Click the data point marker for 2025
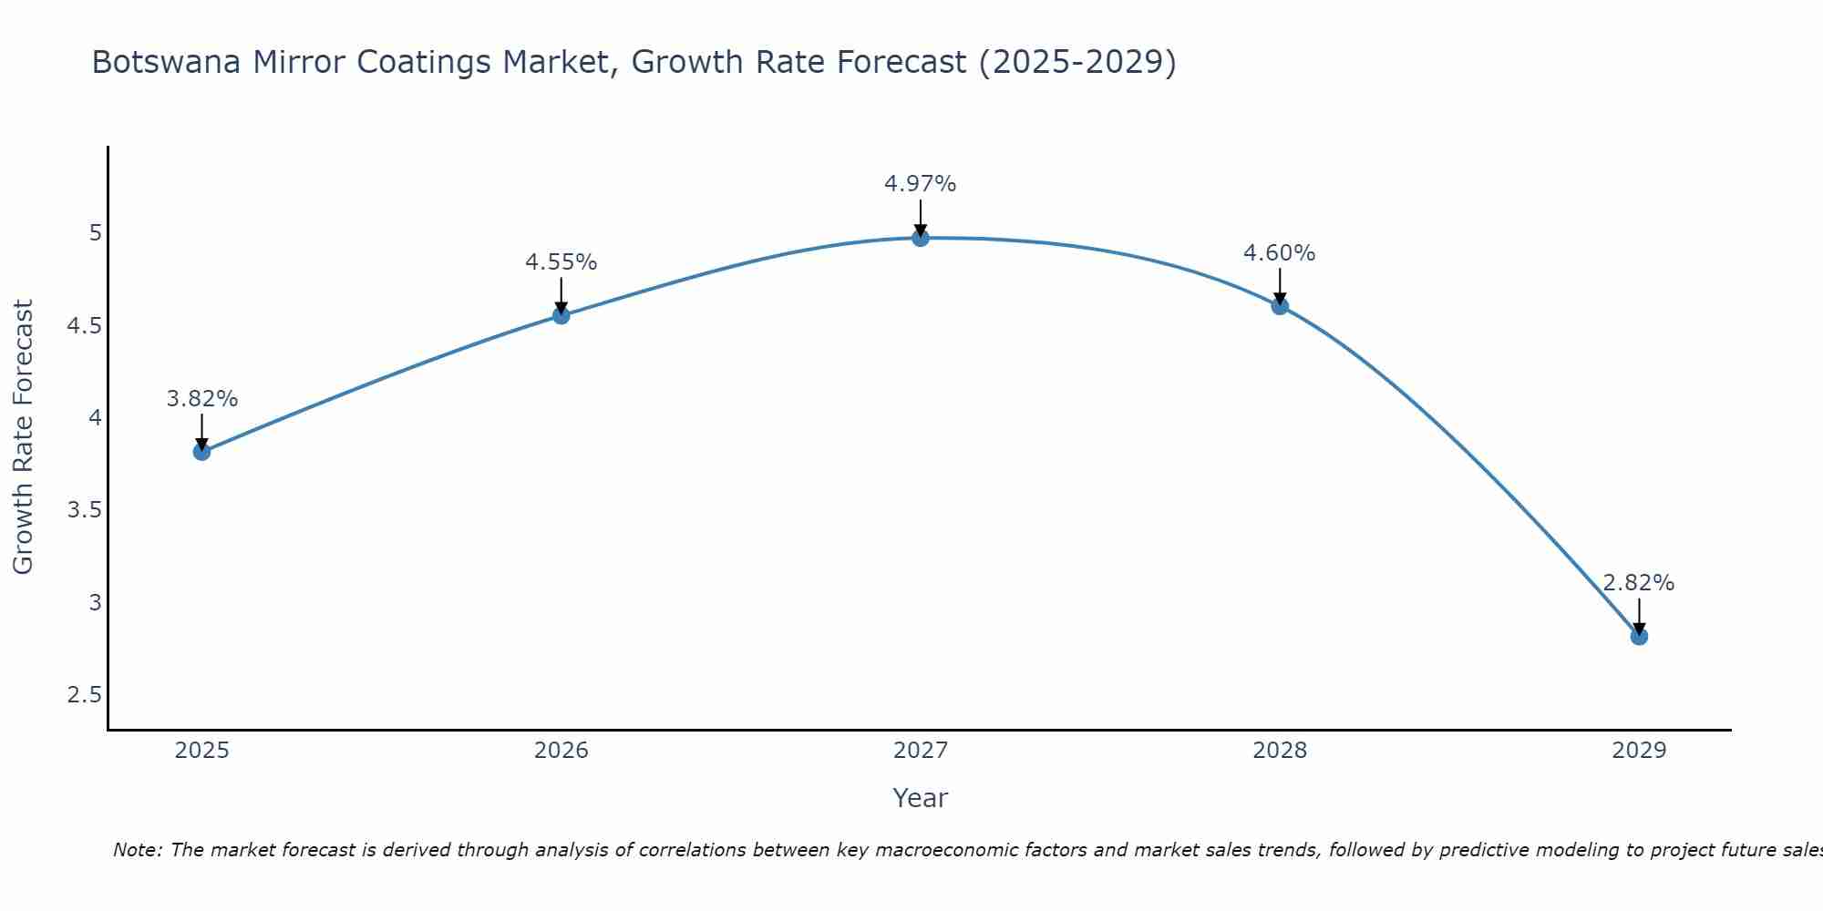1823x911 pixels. (201, 452)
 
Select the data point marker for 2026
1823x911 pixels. (561, 315)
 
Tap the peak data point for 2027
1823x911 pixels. (921, 238)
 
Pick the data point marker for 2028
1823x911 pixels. (1280, 306)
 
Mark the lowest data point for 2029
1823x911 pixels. (1639, 636)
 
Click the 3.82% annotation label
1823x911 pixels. (202, 399)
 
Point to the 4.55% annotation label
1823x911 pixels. (561, 262)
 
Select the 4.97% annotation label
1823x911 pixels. (921, 184)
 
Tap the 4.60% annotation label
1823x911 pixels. (1280, 253)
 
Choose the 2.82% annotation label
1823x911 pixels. (1639, 583)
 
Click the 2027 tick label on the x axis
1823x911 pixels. (921, 751)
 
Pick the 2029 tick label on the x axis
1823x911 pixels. (1639, 751)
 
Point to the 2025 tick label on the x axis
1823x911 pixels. (201, 751)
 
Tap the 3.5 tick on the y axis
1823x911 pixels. (85, 510)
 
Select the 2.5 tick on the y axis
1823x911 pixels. (85, 695)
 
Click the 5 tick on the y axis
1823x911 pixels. (95, 233)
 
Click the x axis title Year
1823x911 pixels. (921, 798)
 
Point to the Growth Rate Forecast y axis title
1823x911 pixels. (23, 437)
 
